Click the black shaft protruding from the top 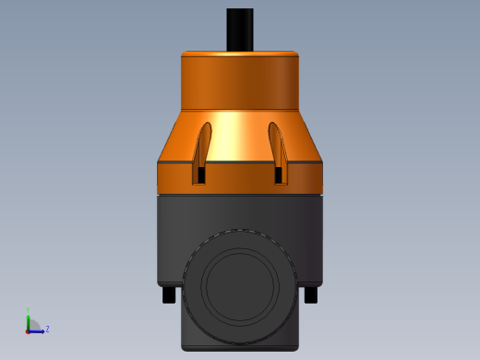240,29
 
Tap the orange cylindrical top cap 240,81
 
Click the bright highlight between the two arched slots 240,138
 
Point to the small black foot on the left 168,294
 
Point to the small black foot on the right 311,294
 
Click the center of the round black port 240,285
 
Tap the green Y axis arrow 29,318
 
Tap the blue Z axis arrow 38,330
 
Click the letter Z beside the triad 47,329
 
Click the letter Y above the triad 29,310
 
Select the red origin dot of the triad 29,330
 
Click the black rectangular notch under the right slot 280,174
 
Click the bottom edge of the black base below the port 240,349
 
